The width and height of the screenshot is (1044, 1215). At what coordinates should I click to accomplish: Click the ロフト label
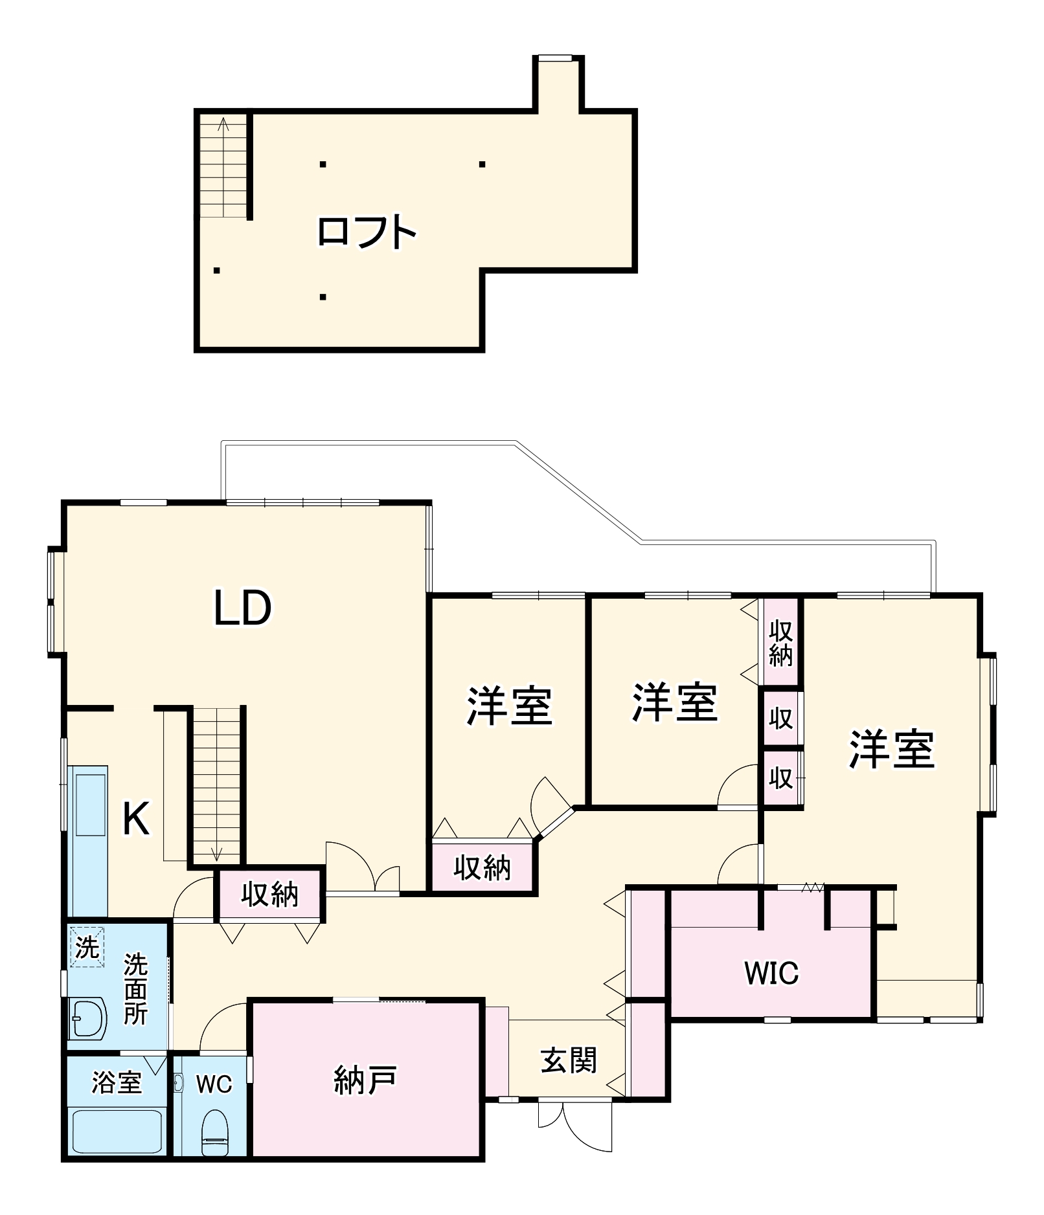[366, 232]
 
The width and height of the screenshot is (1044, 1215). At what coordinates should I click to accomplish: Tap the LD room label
[243, 608]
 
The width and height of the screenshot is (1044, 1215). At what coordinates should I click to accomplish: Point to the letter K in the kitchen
[136, 819]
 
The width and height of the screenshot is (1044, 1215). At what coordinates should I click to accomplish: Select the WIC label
[771, 973]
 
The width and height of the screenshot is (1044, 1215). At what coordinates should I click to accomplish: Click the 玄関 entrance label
[568, 1060]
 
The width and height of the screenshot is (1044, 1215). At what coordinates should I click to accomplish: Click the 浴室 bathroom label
[117, 1082]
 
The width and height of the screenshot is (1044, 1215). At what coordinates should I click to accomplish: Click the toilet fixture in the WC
[214, 1132]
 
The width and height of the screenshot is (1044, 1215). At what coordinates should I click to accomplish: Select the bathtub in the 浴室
[117, 1131]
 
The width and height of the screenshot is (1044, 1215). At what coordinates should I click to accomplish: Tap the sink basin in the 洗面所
[87, 1018]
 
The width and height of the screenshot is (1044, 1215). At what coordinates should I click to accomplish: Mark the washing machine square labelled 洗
[87, 948]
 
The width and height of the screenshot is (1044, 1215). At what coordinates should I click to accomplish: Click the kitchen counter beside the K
[89, 842]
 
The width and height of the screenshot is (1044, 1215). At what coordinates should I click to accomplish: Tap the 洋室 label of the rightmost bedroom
[892, 750]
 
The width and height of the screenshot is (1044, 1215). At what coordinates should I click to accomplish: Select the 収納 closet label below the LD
[270, 895]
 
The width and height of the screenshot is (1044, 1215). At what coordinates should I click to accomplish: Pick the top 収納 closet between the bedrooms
[781, 643]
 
